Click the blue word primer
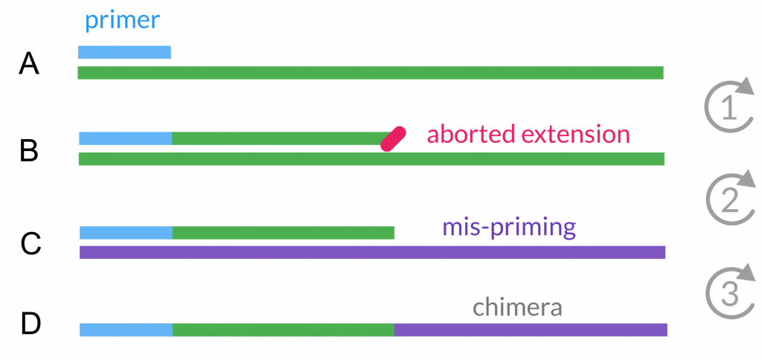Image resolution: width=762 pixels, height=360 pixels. coord(122,21)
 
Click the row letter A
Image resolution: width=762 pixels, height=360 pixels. coord(30,64)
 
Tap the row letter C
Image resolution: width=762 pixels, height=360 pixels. coord(30,243)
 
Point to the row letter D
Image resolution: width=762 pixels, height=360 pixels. coord(30,324)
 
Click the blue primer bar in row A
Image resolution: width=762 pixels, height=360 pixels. coord(124,52)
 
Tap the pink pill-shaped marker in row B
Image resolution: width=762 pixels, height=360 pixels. coord(393,138)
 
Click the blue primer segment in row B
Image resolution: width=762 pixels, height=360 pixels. coord(125,139)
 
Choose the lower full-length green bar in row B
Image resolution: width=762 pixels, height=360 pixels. coord(371,158)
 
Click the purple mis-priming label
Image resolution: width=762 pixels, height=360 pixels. coord(509,228)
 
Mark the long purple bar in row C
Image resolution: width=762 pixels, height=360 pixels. coord(371,252)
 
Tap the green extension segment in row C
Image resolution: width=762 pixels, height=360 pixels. coord(283,233)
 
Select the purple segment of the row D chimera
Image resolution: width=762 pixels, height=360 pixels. coord(531,330)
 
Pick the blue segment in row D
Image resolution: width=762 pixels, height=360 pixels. coord(125,330)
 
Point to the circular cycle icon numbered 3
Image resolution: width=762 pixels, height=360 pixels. coord(729,292)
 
